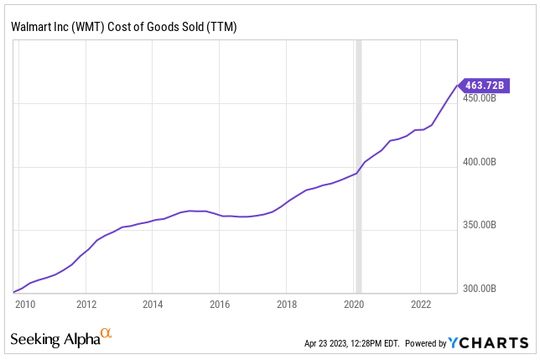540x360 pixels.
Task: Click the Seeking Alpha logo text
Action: [55, 340]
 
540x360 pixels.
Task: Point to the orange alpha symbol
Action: [106, 335]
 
